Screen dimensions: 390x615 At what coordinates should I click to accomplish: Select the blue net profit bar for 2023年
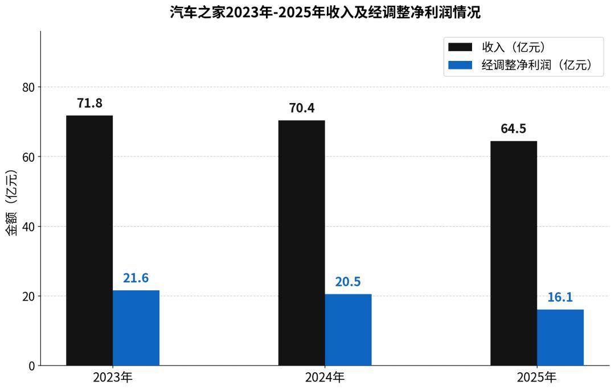tap(136, 328)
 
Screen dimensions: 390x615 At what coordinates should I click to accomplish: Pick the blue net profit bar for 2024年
tap(348, 330)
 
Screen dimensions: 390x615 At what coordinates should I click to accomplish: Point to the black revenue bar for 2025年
tap(514, 253)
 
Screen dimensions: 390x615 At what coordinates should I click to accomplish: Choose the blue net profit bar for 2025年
tap(560, 338)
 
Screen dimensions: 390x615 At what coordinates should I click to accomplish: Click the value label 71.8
tap(89, 104)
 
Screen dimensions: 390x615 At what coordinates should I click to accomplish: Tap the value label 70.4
tap(301, 108)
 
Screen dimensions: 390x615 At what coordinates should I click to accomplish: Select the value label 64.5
tap(513, 129)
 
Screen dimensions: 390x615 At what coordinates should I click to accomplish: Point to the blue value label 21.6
tap(136, 278)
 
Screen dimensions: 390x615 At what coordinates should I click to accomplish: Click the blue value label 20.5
tap(348, 282)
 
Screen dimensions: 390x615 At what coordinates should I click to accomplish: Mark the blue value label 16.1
tap(560, 297)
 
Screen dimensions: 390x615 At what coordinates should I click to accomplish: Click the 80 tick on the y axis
tap(28, 87)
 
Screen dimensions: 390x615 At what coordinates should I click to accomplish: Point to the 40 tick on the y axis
tap(28, 227)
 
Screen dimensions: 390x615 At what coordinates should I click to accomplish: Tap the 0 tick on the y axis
tap(31, 366)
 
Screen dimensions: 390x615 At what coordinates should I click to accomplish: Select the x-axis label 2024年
tap(325, 377)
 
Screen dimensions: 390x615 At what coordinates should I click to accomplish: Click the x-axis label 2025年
tap(536, 377)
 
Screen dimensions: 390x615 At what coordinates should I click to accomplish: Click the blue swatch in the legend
tap(460, 65)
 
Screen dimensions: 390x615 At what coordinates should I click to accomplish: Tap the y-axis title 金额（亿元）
tap(12, 203)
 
